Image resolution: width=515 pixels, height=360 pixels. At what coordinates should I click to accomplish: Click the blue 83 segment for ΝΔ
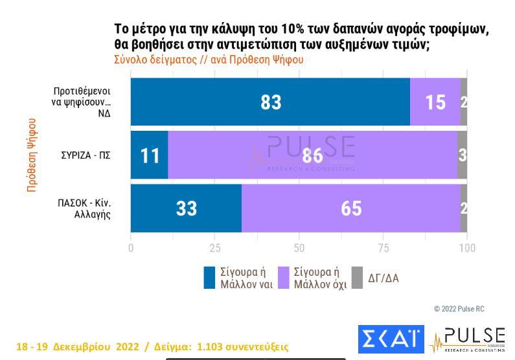pos(270,102)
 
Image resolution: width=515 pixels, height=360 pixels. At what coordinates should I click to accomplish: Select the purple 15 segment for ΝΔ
pos(435,102)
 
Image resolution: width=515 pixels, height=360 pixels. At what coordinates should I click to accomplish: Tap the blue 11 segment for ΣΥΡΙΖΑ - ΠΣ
pos(149,155)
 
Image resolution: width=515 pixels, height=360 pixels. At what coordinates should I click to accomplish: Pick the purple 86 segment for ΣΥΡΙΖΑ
pos(313,155)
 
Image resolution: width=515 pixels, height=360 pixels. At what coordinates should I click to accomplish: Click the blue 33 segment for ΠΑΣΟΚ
pos(186,208)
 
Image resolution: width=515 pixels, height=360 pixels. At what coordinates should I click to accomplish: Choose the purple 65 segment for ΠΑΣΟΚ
pos(350,208)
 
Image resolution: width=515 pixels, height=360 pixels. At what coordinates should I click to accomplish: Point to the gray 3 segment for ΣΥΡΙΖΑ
pos(462,155)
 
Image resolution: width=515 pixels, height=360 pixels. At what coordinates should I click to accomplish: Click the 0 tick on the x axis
pos(131,248)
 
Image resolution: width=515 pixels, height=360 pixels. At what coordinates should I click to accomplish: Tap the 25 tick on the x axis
pos(215,248)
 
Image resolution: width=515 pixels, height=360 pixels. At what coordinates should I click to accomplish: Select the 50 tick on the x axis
pos(299,248)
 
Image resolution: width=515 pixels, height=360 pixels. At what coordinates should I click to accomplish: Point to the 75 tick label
pos(383,248)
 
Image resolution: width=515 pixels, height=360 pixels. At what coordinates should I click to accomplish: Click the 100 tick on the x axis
pos(467,248)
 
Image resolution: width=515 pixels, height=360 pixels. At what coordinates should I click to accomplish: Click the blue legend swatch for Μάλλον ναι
pos(209,278)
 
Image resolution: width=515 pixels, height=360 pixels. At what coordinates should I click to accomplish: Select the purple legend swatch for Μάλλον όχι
pos(284,278)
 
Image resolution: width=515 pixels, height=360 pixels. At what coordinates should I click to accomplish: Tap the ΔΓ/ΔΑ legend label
pos(383,278)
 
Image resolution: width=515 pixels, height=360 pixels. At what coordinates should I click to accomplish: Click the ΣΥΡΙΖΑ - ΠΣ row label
pos(86,155)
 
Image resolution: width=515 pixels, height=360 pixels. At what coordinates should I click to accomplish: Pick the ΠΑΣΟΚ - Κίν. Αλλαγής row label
pos(84,208)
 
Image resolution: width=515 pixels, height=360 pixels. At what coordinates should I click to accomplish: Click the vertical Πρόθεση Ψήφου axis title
pos(32,155)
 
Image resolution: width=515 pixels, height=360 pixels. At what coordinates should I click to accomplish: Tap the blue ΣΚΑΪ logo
pos(391,339)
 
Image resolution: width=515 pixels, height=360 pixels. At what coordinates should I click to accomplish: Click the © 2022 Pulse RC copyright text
pos(459,309)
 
